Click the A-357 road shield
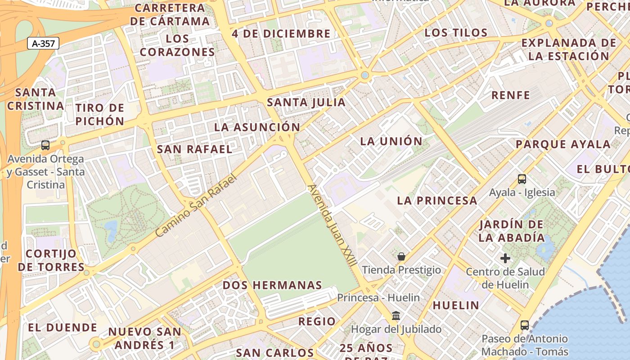43,44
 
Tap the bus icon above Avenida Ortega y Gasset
45,145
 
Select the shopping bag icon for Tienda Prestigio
401,256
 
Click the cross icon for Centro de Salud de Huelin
505,258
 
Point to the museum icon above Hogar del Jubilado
396,315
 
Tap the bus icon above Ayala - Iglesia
522,179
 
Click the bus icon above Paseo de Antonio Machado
524,325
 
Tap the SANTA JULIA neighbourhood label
306,102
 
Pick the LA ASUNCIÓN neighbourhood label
257,127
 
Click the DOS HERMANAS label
272,285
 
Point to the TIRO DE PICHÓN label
100,114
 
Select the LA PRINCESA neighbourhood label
437,200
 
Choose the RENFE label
511,95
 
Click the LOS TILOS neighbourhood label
456,32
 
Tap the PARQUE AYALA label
563,144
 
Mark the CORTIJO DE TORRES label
51,260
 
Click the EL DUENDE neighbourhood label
63,327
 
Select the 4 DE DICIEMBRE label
281,34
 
